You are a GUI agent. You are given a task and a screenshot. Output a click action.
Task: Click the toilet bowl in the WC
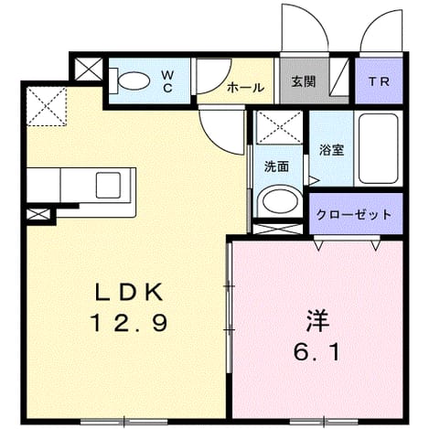tap(134, 80)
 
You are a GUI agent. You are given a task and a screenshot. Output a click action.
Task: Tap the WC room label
tap(167, 81)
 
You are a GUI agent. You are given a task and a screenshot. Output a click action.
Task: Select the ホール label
tap(245, 88)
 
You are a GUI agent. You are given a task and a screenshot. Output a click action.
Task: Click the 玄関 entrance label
tap(303, 81)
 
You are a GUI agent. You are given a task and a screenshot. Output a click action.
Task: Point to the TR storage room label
tap(379, 81)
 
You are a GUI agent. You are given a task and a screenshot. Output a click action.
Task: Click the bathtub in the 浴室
tap(379, 148)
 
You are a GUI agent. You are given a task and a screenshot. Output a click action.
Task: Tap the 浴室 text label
tap(332, 150)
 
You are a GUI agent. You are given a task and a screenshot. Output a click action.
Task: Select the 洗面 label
tap(276, 166)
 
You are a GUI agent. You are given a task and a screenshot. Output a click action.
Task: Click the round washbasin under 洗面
tap(280, 201)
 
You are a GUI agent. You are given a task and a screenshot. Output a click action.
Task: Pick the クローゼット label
tap(354, 214)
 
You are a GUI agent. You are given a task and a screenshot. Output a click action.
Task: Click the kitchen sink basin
tap(108, 185)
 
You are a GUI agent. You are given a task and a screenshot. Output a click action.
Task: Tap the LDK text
tap(129, 293)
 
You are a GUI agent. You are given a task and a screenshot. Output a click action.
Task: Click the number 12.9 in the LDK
tap(129, 323)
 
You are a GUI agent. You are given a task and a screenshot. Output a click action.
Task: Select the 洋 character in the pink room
tap(317, 322)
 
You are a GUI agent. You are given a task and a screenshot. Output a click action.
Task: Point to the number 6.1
tap(316, 353)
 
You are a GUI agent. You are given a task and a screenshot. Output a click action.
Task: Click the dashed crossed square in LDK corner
tap(47, 106)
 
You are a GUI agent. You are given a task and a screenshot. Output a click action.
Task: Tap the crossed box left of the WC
tap(89, 69)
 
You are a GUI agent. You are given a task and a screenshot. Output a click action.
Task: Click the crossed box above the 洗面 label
tap(279, 127)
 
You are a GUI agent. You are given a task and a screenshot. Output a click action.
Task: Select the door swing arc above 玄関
tap(305, 27)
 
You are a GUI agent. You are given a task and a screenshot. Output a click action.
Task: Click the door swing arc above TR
tap(381, 30)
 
